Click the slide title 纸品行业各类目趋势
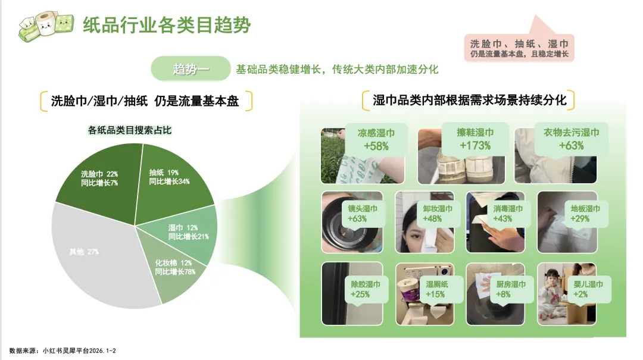tap(167, 25)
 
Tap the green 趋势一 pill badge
tap(191, 68)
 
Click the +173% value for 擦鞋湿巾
tap(475, 146)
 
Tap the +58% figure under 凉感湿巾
tap(376, 146)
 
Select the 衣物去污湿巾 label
tap(571, 133)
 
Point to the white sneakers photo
tap(461, 156)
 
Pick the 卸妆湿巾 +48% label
tap(438, 214)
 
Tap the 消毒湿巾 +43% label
tap(508, 214)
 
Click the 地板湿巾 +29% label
tap(585, 214)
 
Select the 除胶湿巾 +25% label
tap(365, 289)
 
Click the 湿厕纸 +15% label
tap(437, 289)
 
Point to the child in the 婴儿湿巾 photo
tap(551, 293)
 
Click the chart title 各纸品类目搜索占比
tap(130, 130)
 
